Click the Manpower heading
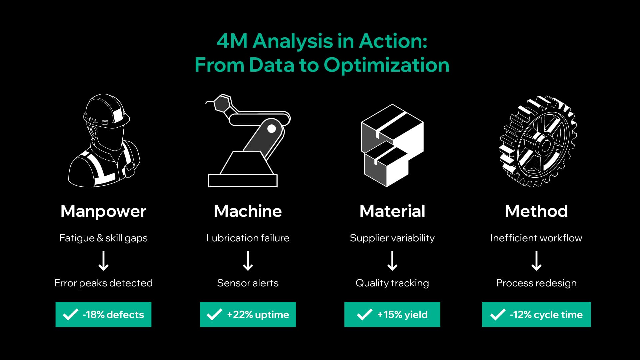tap(103, 211)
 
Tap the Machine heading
tap(248, 211)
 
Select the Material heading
tap(392, 211)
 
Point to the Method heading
tap(536, 211)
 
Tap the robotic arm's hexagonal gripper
tap(222, 103)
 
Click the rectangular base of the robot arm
tap(243, 180)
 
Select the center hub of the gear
tap(546, 146)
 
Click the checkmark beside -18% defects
tap(71, 314)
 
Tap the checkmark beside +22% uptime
tap(214, 314)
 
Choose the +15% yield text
tap(402, 314)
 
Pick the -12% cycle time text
tap(546, 314)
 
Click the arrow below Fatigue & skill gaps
tap(103, 261)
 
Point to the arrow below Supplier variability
tap(392, 261)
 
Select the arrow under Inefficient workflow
tap(536, 261)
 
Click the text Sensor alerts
tap(248, 283)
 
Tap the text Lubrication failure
tap(248, 238)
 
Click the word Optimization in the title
tap(386, 65)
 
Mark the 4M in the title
tap(232, 41)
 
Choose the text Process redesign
tap(536, 283)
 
